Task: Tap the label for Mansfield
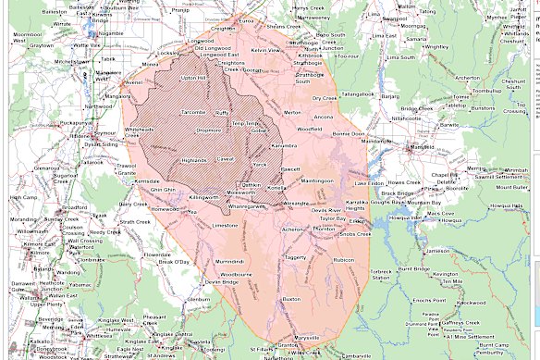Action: [423, 147]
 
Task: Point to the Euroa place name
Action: [245, 19]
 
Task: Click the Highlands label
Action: [194, 160]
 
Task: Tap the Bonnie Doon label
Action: [349, 134]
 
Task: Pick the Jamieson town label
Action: [438, 251]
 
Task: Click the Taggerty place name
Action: [295, 257]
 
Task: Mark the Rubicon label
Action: [344, 260]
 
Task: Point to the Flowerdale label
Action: [157, 254]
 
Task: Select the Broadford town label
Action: [75, 208]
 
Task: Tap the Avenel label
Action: [134, 81]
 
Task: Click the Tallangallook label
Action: [357, 93]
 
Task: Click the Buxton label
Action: [291, 300]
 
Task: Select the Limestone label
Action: [225, 225]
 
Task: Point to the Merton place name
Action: [292, 112]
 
